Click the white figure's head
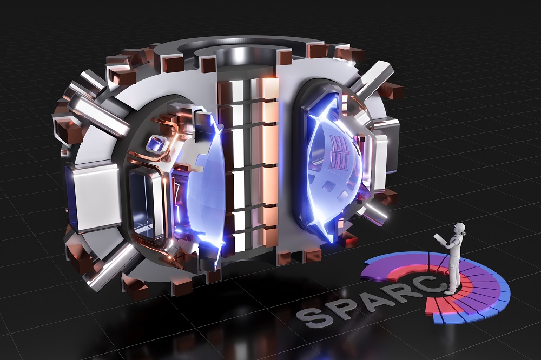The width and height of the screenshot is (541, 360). click(459, 228)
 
